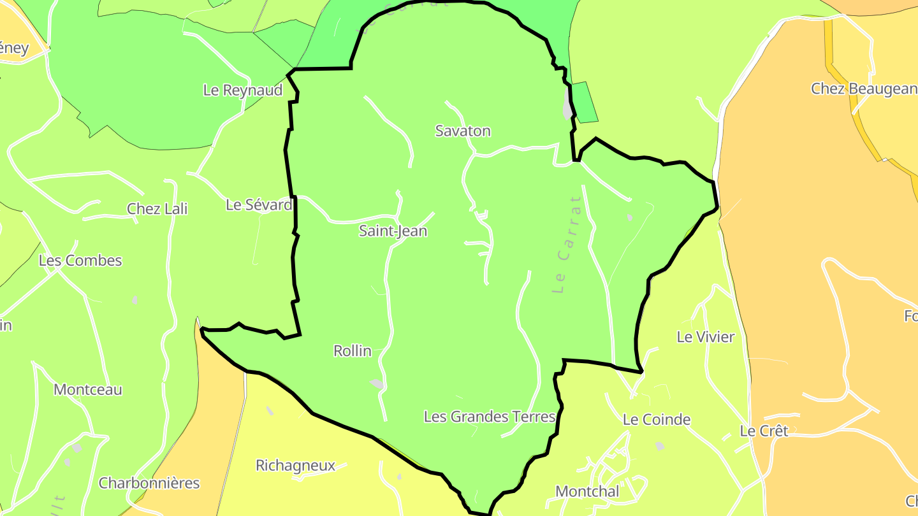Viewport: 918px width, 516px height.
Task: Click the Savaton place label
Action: coord(463,131)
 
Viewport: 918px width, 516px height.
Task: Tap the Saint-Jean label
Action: coord(393,231)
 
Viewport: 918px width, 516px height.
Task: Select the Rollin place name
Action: coord(353,351)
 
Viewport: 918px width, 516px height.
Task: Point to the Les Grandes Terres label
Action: coord(490,417)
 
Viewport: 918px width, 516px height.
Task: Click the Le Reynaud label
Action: coord(243,90)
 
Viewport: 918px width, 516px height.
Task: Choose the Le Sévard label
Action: coord(259,205)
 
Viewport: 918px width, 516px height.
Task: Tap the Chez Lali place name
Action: coord(157,209)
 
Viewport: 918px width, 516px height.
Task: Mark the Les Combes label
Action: coord(80,261)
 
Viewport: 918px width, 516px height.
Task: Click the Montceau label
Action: coord(88,390)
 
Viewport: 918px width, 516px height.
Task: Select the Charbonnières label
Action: coord(149,484)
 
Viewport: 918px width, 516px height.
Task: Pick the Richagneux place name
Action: coord(295,466)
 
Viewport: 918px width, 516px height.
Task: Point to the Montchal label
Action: coord(587,492)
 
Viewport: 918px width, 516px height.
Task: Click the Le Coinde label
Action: coord(657,420)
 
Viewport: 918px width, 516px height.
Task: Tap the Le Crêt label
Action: coord(764,431)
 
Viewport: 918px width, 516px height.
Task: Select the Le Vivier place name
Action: coord(706,337)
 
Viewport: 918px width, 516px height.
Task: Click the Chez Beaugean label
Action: coord(864,89)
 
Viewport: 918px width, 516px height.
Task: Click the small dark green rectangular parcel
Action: coord(585,102)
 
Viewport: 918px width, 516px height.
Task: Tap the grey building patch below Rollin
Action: coord(377,383)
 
